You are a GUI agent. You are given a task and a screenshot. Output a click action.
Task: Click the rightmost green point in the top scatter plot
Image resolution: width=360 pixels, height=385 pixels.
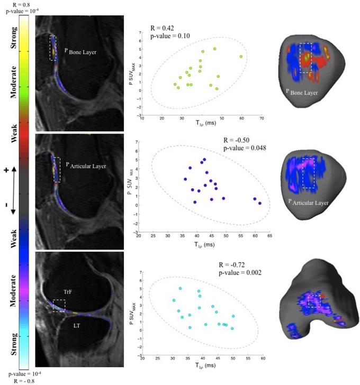(241, 57)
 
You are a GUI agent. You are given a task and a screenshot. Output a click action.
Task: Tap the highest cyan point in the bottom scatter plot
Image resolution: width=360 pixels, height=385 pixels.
(180, 289)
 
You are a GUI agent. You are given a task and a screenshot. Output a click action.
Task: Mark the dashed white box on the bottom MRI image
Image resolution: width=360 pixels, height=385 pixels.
(59, 305)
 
